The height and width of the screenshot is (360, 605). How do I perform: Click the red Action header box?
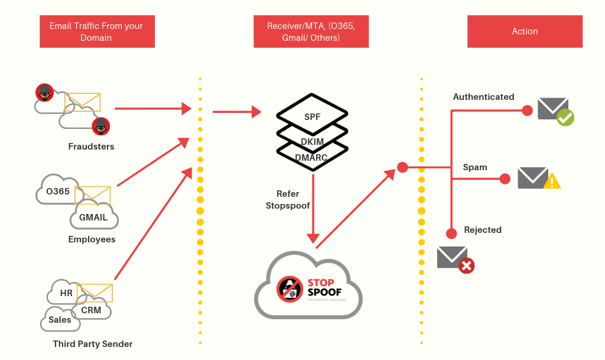525,31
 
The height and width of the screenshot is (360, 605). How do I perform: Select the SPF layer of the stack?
313,116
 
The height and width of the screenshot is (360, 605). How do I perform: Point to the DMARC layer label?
312,157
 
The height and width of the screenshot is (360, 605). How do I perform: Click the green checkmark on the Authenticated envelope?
565,118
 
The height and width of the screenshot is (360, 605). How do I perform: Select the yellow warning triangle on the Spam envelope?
552,181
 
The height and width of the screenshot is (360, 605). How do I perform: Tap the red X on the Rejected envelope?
466,265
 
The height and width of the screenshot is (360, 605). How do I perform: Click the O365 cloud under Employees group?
57,191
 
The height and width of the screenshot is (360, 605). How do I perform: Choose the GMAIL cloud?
93,218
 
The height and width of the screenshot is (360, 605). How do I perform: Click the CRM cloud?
91,310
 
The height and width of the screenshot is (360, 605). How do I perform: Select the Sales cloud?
60,320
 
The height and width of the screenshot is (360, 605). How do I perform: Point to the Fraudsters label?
91,146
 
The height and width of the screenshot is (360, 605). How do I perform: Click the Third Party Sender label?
93,344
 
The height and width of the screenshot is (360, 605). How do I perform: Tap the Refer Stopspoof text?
288,200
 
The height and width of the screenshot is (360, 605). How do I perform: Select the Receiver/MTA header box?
311,31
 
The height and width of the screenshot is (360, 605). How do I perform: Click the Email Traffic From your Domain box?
96,31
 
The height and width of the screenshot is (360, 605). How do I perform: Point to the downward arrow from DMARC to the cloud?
313,207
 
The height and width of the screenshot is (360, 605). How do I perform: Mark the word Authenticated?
483,97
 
